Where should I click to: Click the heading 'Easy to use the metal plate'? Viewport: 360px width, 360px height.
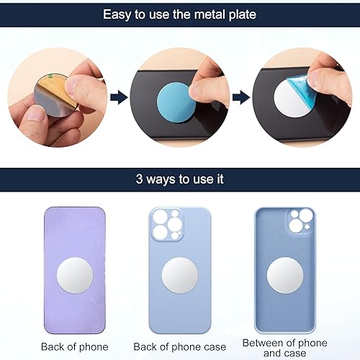pyautogui.click(x=179, y=14)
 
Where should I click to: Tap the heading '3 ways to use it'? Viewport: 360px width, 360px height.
pyautogui.click(x=179, y=180)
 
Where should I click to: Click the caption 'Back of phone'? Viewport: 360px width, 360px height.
pyautogui.click(x=74, y=346)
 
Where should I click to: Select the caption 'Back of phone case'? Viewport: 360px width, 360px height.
pyautogui.click(x=180, y=346)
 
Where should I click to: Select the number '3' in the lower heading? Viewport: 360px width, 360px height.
pyautogui.click(x=139, y=180)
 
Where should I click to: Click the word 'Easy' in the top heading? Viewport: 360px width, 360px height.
pyautogui.click(x=117, y=14)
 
